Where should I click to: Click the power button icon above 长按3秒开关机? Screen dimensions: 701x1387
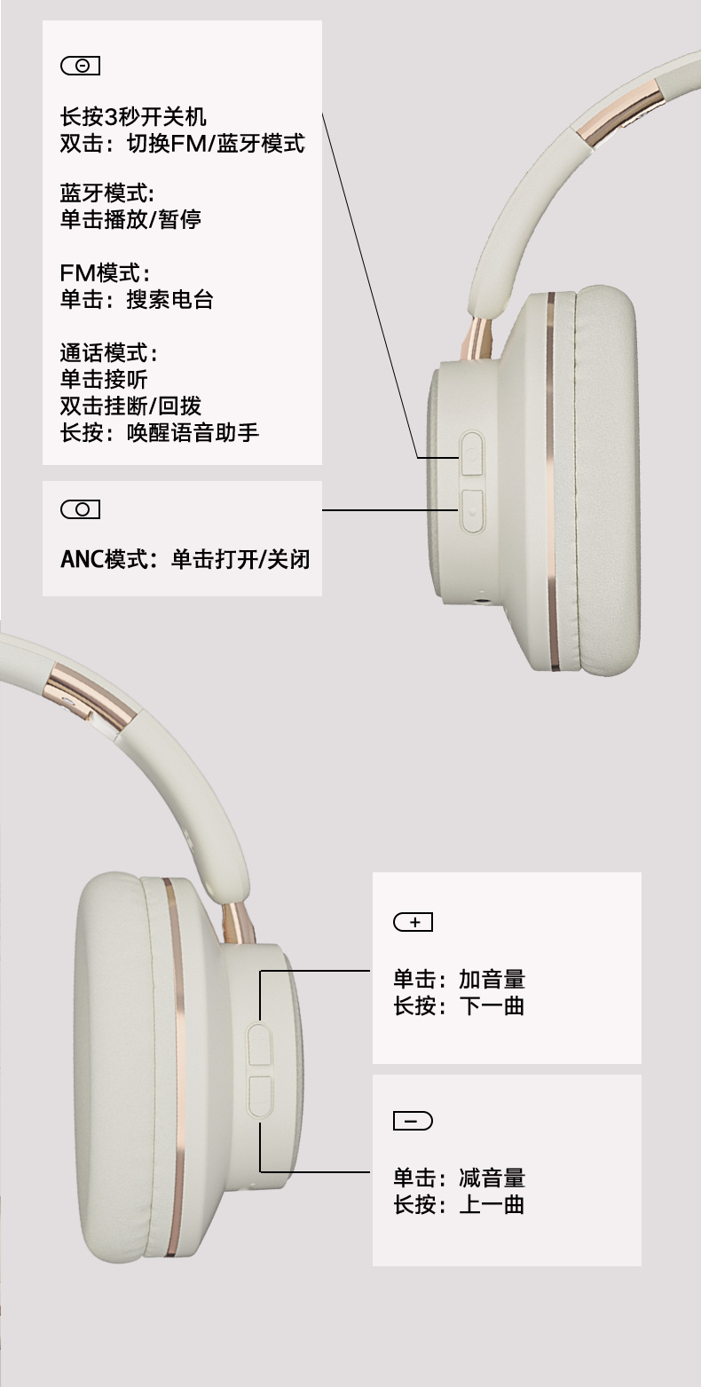pyautogui.click(x=80, y=66)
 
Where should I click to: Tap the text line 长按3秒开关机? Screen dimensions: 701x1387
pyautogui.click(x=133, y=116)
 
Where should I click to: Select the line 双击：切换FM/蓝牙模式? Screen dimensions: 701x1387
pyautogui.click(x=182, y=143)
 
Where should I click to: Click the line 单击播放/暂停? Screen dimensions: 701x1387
pyautogui.click(x=130, y=219)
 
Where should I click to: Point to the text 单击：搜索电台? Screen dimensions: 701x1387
pyautogui.click(x=137, y=299)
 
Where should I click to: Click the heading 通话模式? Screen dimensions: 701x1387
pyautogui.click(x=108, y=352)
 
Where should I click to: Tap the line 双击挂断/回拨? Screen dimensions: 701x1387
pyautogui.click(x=130, y=406)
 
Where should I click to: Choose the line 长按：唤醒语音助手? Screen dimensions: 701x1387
pyautogui.click(x=160, y=432)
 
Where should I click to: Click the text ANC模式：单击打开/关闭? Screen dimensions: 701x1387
pyautogui.click(x=185, y=560)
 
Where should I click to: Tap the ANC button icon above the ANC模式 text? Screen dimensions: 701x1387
pyautogui.click(x=80, y=509)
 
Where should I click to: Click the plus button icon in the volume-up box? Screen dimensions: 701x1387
pyautogui.click(x=413, y=922)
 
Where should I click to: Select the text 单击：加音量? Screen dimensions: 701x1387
pyautogui.click(x=459, y=979)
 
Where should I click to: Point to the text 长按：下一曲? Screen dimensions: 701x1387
pyautogui.click(x=459, y=1005)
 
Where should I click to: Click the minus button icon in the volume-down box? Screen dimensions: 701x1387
pyautogui.click(x=413, y=1121)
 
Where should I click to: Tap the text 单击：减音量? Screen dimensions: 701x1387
pyautogui.click(x=459, y=1178)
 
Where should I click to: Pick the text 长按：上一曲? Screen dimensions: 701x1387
pyautogui.click(x=459, y=1204)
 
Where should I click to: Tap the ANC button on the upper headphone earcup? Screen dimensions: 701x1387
pyautogui.click(x=471, y=510)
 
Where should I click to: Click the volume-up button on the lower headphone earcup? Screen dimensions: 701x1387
pyautogui.click(x=259, y=1044)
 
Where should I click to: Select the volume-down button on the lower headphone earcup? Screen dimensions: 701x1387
pyautogui.click(x=259, y=1097)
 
